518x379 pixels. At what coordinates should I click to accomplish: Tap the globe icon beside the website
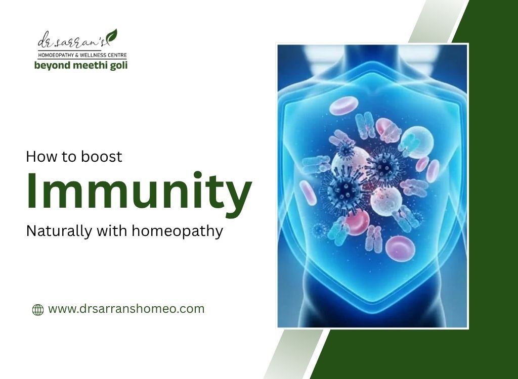38,310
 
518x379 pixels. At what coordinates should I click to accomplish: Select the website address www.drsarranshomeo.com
126,309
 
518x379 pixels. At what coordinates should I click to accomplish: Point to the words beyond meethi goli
81,65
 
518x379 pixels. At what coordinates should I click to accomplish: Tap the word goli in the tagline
117,65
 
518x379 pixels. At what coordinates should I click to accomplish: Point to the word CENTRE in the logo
118,55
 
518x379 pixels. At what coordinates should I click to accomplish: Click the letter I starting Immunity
32,192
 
